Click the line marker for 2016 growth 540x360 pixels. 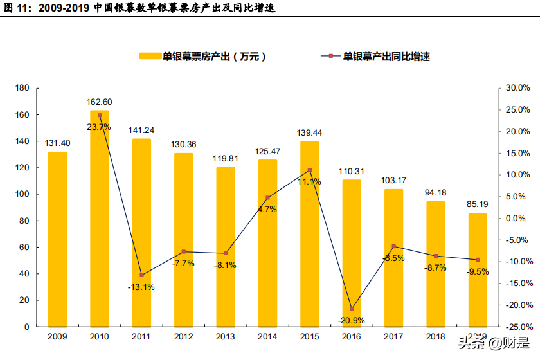[352, 309]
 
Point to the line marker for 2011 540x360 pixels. [142, 275]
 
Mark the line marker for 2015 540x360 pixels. [310, 170]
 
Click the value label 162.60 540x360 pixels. [100, 102]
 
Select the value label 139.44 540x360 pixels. [309, 132]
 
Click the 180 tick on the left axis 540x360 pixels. [23, 88]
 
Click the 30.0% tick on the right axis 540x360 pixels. [517, 88]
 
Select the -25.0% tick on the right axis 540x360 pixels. [516, 327]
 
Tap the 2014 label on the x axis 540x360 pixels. [267, 336]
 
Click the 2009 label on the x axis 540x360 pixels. [58, 336]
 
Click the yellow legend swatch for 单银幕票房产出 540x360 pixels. [150, 57]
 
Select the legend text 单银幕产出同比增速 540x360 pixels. [386, 57]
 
